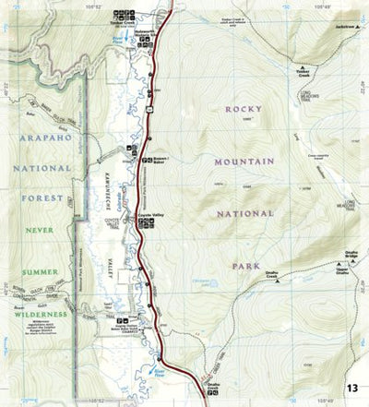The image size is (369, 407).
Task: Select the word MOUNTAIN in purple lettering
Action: [x=244, y=162]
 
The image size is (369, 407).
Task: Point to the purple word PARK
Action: [x=242, y=266]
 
